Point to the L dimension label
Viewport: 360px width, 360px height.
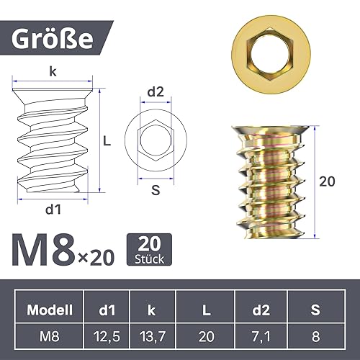[106, 142]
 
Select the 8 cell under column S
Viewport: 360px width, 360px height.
[314, 335]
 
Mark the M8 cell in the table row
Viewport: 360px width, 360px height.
[50, 335]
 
